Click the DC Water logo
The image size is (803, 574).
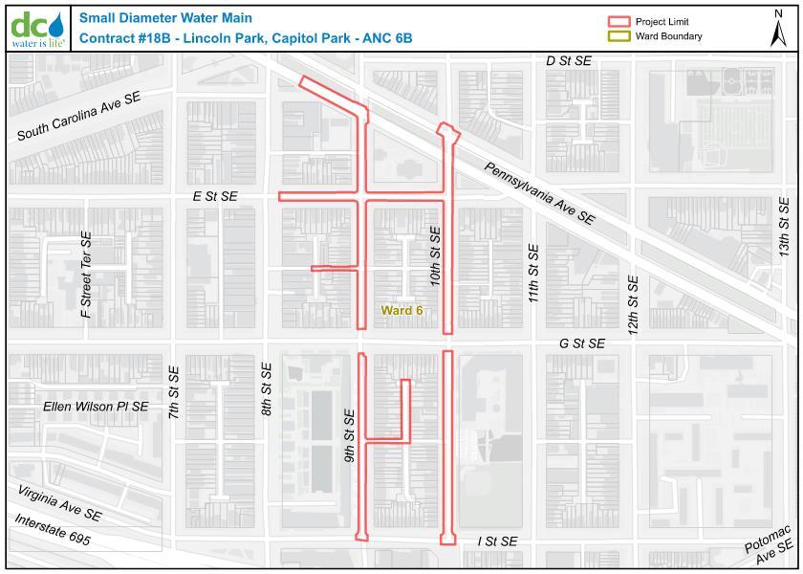pyautogui.click(x=38, y=28)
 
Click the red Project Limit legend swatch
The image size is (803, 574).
pyautogui.click(x=620, y=21)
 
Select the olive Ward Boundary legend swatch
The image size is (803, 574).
pyautogui.click(x=620, y=36)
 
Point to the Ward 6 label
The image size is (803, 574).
pyautogui.click(x=401, y=310)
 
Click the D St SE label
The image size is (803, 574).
pyautogui.click(x=569, y=60)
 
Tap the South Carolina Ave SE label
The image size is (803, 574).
pyautogui.click(x=78, y=117)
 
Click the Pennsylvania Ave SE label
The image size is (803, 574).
pyautogui.click(x=539, y=193)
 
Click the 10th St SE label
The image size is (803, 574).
pyautogui.click(x=435, y=257)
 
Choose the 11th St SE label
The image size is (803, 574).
pyautogui.click(x=533, y=274)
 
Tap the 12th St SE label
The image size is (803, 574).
pyautogui.click(x=632, y=303)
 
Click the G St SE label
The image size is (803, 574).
pyautogui.click(x=582, y=343)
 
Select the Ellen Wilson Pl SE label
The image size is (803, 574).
pyautogui.click(x=97, y=407)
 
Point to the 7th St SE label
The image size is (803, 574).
pyautogui.click(x=174, y=393)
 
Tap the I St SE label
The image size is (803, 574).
pyautogui.click(x=497, y=541)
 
